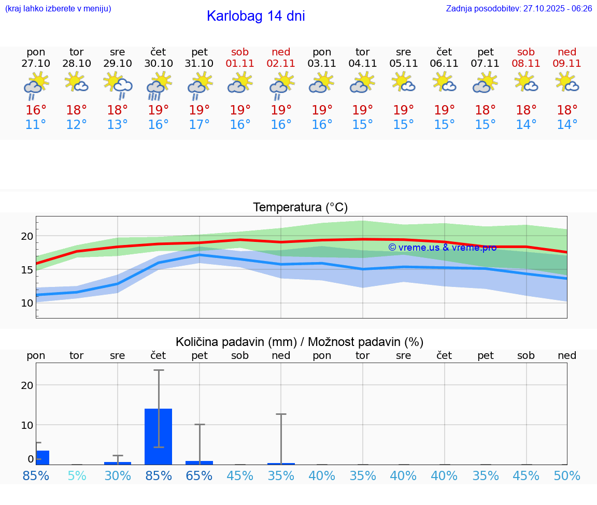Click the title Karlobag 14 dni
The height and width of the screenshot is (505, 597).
click(x=255, y=16)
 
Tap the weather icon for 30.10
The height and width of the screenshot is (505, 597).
click(x=159, y=86)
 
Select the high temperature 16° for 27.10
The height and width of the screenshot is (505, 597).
click(x=36, y=110)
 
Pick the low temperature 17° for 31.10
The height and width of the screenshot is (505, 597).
click(x=200, y=125)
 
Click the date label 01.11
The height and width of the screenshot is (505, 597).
click(x=240, y=64)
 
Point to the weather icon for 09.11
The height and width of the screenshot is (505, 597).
click(x=567, y=82)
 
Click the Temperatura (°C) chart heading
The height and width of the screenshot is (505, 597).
click(x=300, y=208)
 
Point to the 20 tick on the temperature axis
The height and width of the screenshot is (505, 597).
click(x=27, y=236)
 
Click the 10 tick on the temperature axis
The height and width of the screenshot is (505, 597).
click(x=27, y=303)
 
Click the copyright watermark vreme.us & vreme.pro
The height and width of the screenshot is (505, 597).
click(x=442, y=248)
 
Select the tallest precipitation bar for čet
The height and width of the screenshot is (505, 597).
click(x=159, y=436)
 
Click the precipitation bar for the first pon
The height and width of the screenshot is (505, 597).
click(x=42, y=457)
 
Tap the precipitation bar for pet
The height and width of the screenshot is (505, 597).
click(x=200, y=463)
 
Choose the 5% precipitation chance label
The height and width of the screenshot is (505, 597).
click(x=77, y=475)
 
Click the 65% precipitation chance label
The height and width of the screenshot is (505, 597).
click(x=200, y=475)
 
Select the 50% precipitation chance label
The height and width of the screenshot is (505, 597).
click(x=567, y=475)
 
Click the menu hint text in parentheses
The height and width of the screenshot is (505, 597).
click(x=58, y=9)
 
